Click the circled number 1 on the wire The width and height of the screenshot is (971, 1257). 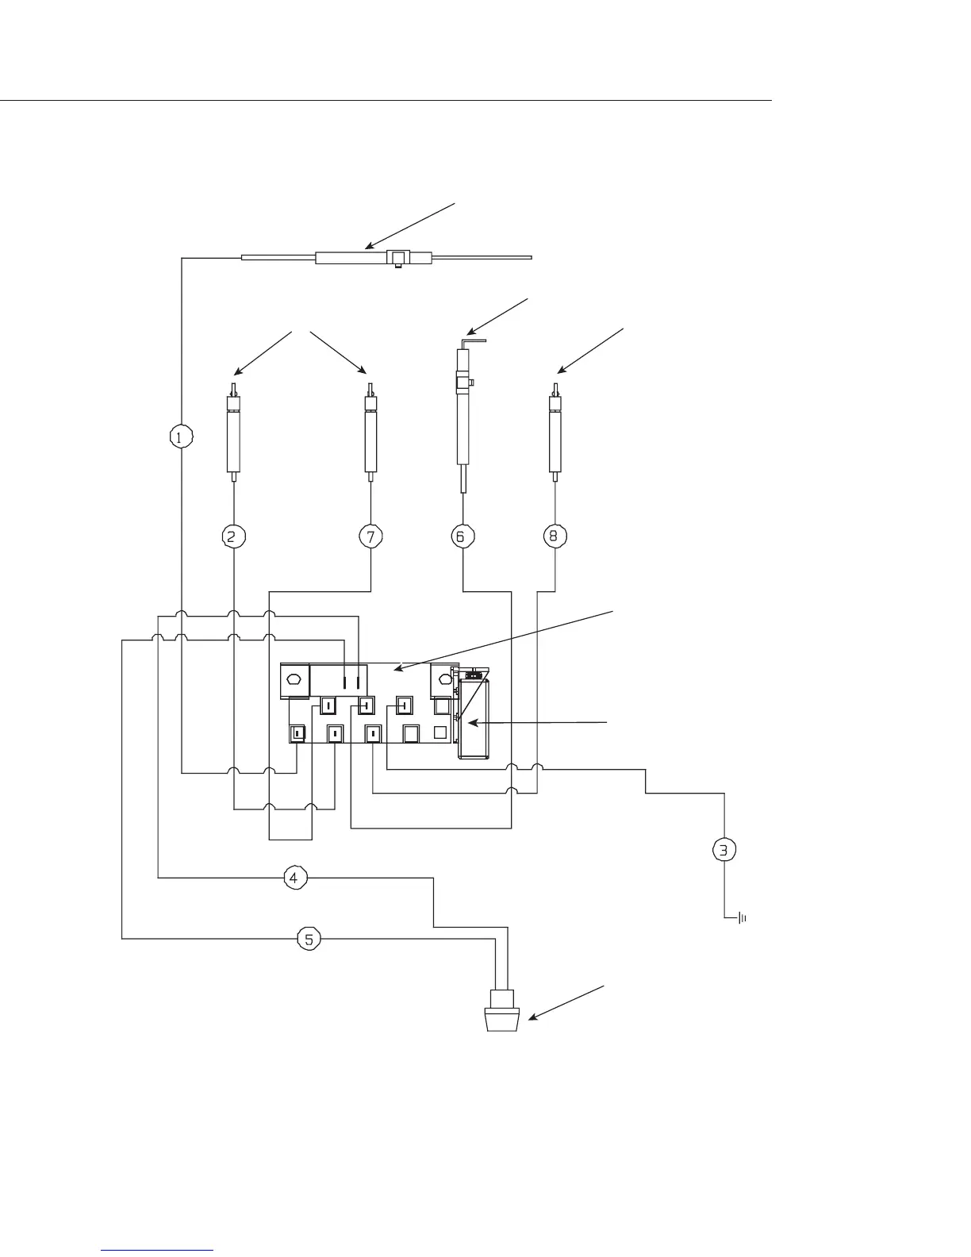click(x=182, y=436)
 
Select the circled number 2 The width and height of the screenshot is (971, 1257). click(x=234, y=536)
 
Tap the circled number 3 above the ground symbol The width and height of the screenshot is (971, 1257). click(x=724, y=850)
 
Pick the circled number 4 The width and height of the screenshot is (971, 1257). click(x=294, y=878)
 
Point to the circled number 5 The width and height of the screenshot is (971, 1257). click(x=309, y=939)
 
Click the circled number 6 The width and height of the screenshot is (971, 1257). click(x=462, y=536)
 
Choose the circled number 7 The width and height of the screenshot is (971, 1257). click(x=370, y=536)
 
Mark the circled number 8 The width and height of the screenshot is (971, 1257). click(x=553, y=536)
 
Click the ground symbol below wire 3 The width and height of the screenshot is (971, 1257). click(x=742, y=919)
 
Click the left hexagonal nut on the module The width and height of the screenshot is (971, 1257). click(x=293, y=680)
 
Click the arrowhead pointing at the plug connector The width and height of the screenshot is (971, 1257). click(x=531, y=1017)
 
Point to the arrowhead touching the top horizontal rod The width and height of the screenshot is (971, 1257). click(x=367, y=247)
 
